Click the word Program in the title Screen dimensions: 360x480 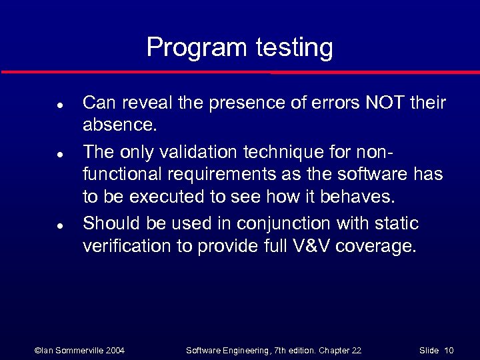pos(197,47)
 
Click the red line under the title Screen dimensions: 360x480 pos(240,71)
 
